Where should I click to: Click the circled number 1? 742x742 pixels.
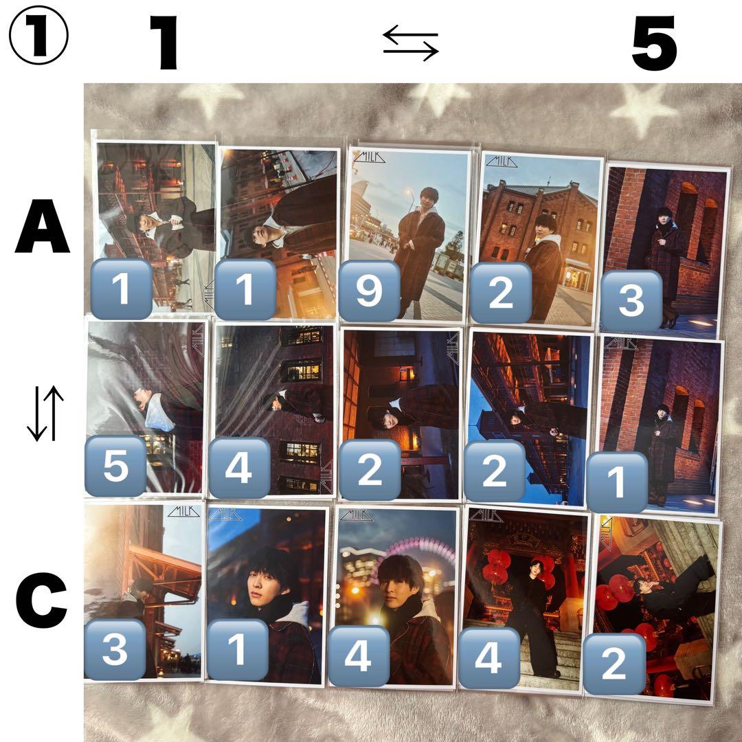coord(38,35)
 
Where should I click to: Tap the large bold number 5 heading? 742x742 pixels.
coord(655,43)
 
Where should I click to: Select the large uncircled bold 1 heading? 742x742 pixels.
coord(165,43)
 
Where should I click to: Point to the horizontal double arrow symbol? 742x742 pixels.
coord(411,43)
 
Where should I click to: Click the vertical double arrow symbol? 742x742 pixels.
coord(45,413)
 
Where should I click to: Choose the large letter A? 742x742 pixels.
coord(43,226)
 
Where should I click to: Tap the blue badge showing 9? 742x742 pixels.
coord(370,290)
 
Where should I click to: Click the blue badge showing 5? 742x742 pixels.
coord(115,466)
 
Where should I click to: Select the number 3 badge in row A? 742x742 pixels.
coord(631,300)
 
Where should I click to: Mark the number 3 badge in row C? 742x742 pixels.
coord(115,649)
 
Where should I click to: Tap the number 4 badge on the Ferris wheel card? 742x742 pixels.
coord(359,656)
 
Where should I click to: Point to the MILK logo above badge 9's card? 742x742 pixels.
coord(370,157)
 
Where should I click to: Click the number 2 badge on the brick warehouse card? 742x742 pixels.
coord(501,293)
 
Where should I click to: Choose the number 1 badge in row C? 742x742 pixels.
coord(238,649)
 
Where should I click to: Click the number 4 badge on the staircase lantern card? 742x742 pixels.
coord(489,657)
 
